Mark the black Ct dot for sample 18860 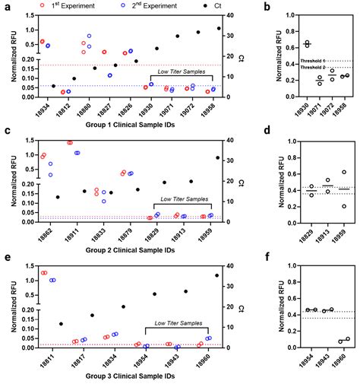click(x=218, y=275)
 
